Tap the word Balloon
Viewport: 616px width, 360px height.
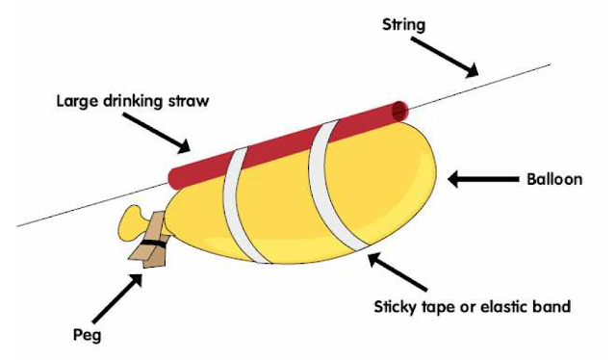[x=555, y=179]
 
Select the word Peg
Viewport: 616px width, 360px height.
[x=86, y=336]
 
